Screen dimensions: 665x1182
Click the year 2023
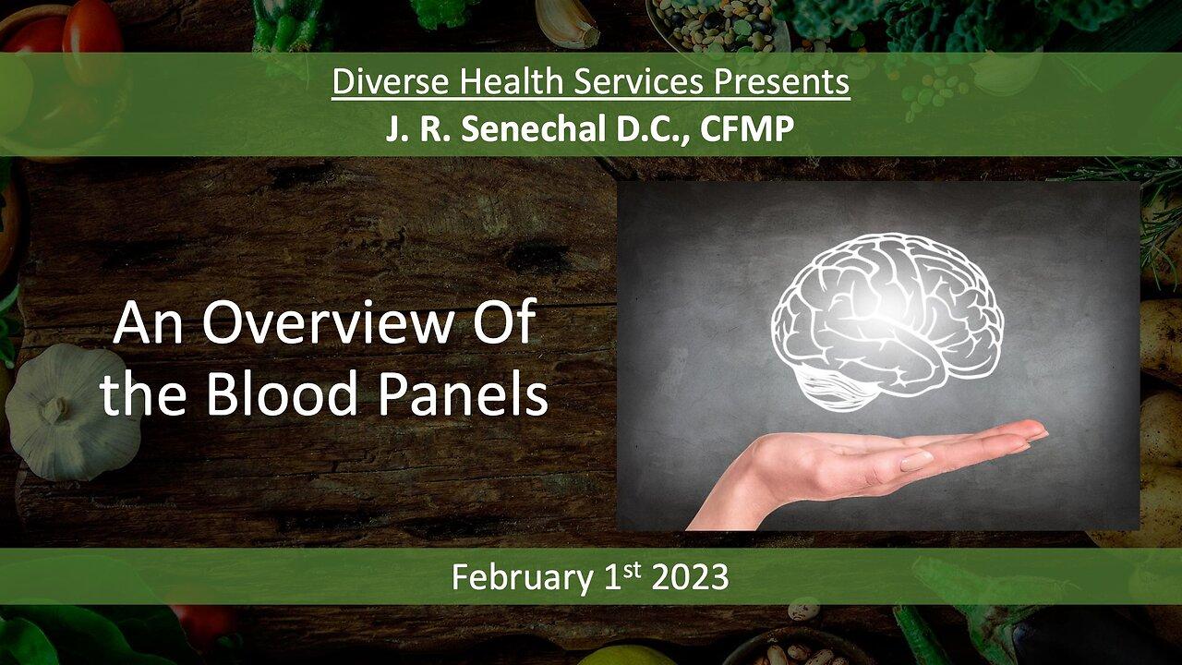tap(690, 577)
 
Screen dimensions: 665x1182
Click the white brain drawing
tap(886, 309)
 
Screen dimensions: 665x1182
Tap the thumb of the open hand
tap(914, 459)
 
